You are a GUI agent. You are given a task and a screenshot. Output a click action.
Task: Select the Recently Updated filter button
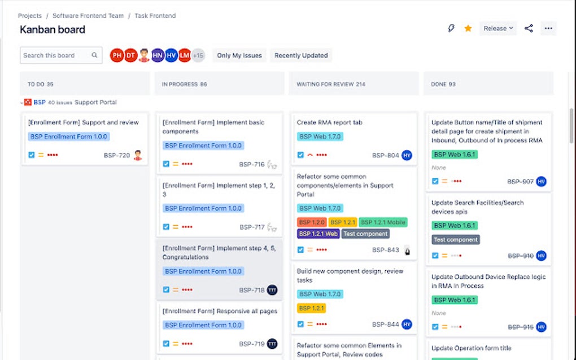301,55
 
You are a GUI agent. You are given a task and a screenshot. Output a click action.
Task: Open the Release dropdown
498,28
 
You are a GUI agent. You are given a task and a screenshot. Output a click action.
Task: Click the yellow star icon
468,28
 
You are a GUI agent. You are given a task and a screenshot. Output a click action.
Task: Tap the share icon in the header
529,28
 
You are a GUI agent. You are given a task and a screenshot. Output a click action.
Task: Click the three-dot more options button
548,28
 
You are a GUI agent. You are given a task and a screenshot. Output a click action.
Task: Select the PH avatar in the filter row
117,55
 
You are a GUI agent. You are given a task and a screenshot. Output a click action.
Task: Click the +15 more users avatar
198,55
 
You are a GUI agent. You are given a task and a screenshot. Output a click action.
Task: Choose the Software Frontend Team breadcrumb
88,16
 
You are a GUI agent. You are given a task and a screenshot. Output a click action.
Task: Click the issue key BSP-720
117,155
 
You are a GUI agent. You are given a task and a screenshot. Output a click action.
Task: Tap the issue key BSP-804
385,155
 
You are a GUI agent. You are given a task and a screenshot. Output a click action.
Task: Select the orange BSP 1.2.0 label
311,222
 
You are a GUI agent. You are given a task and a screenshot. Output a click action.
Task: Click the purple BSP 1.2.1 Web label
318,234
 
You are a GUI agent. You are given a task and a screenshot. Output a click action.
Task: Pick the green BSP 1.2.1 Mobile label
383,222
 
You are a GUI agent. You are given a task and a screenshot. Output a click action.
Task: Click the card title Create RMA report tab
330,122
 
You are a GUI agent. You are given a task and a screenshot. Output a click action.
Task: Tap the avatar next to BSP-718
272,290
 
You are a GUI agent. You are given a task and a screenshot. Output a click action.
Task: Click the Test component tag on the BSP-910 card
456,240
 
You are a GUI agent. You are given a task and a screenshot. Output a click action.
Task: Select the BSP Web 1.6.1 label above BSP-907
455,154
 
